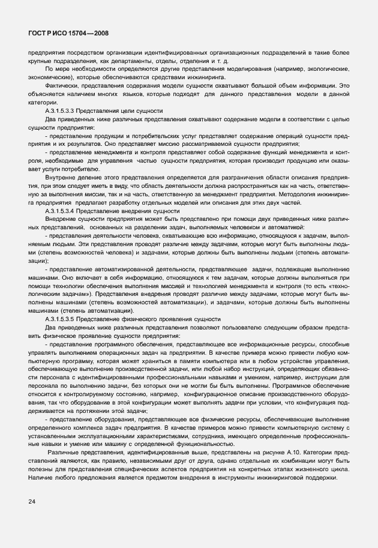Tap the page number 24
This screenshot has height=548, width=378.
(31, 500)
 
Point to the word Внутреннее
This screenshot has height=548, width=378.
(62, 179)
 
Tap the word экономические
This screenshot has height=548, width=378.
(49, 77)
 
